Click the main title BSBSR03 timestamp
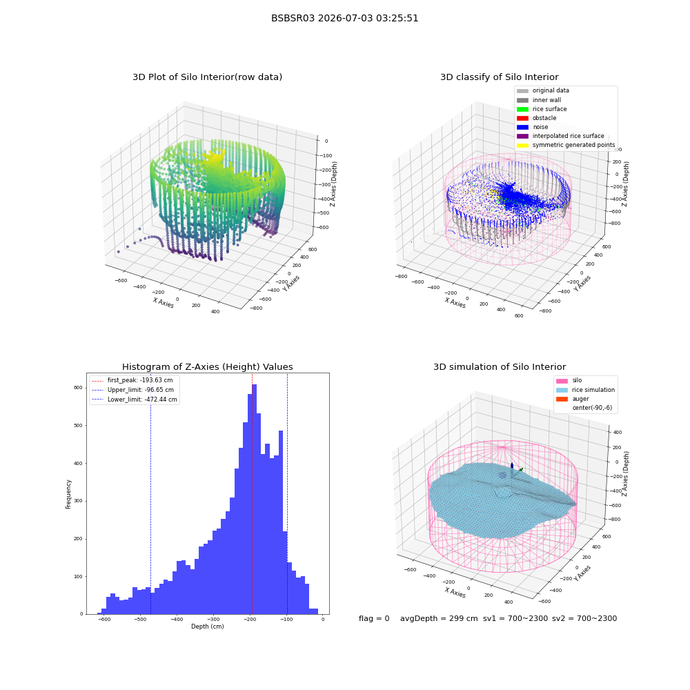344,18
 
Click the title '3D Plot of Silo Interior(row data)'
207,77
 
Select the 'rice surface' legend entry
542,109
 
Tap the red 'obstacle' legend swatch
522,118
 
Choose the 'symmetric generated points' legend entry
566,145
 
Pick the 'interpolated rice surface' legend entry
560,136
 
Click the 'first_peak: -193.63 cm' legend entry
132,380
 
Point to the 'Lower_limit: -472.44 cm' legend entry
135,400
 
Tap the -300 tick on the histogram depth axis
213,619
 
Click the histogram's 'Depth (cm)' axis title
208,627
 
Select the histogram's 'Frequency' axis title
68,494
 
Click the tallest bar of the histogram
255,500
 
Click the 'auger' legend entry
573,399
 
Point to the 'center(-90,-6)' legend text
592,408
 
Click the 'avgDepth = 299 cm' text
439,618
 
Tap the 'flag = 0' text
374,618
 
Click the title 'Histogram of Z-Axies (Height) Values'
207,367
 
